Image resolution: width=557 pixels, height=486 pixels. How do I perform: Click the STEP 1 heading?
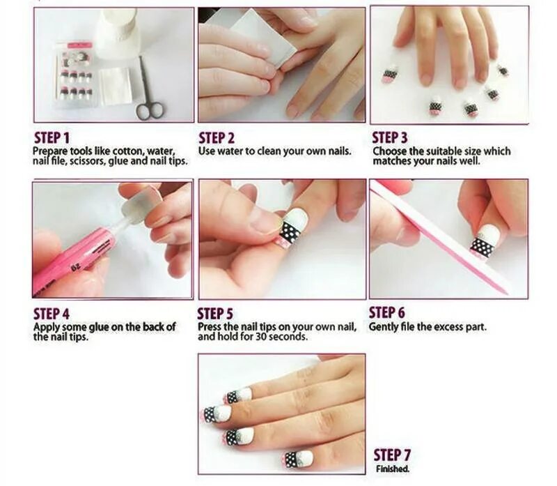pyautogui.click(x=52, y=137)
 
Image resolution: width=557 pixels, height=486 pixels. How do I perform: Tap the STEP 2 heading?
pyautogui.click(x=217, y=137)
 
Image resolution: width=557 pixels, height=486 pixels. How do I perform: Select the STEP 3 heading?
pyautogui.click(x=390, y=137)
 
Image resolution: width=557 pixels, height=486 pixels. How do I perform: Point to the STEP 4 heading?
pyautogui.click(x=52, y=314)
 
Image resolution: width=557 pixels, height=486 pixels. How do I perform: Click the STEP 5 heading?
pyautogui.click(x=215, y=314)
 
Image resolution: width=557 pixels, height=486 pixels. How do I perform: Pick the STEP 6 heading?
pyautogui.click(x=387, y=313)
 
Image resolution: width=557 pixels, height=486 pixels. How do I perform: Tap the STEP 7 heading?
pyautogui.click(x=392, y=455)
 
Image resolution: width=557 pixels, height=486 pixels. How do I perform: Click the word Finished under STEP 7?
pyautogui.click(x=393, y=469)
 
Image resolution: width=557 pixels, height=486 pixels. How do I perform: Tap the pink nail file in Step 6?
pyautogui.click(x=441, y=237)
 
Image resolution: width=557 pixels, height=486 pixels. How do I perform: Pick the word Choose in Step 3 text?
pyautogui.click(x=389, y=151)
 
